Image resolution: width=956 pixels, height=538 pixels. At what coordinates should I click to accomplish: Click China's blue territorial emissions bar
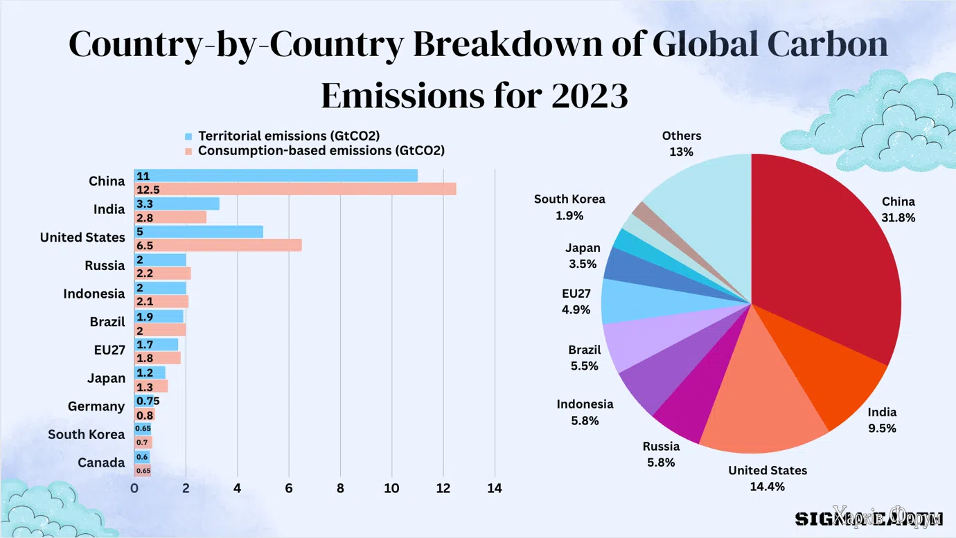coord(277,176)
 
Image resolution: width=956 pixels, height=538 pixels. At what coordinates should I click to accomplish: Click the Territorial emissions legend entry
coord(288,136)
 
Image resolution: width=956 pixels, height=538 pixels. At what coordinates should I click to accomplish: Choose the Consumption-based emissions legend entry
coord(321,150)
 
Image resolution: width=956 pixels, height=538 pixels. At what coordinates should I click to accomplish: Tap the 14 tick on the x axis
coord(495,488)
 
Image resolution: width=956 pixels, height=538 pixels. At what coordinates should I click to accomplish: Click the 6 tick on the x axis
coord(289,488)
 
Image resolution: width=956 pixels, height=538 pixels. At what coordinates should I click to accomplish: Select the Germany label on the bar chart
coord(96,406)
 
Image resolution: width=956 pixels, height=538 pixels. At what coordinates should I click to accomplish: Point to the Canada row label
coord(101,463)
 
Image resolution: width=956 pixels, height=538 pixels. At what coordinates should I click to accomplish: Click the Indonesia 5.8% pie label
coord(585,412)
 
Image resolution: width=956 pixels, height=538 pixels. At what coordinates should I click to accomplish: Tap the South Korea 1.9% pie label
coord(569,207)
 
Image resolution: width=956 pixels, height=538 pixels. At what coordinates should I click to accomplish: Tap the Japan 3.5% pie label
coord(583,255)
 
